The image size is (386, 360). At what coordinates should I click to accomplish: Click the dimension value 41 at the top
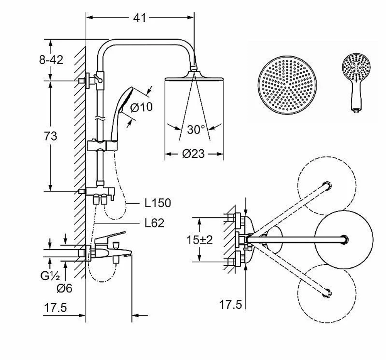click(x=140, y=18)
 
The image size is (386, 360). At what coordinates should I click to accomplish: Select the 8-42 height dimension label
click(x=51, y=60)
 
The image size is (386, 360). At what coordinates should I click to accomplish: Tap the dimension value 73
click(x=51, y=136)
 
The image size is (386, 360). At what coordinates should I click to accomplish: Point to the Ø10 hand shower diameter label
click(x=141, y=107)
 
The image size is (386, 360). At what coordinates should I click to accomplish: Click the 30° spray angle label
click(x=196, y=129)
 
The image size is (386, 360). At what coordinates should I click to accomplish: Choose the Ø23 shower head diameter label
click(x=193, y=154)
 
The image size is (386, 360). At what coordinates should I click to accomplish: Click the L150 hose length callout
click(x=157, y=203)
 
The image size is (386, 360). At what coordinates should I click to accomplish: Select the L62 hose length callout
click(x=154, y=223)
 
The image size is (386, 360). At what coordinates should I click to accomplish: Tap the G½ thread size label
click(x=50, y=276)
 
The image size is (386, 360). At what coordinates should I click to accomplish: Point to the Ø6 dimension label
click(x=64, y=288)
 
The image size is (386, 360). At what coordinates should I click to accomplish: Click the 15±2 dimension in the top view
click(x=200, y=240)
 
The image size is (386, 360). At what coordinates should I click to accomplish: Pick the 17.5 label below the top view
click(x=230, y=305)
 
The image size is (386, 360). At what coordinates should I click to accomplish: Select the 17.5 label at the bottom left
click(x=55, y=308)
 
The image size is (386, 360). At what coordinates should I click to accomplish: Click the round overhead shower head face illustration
click(x=287, y=85)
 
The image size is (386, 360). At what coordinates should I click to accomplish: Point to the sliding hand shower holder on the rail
click(x=103, y=145)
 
